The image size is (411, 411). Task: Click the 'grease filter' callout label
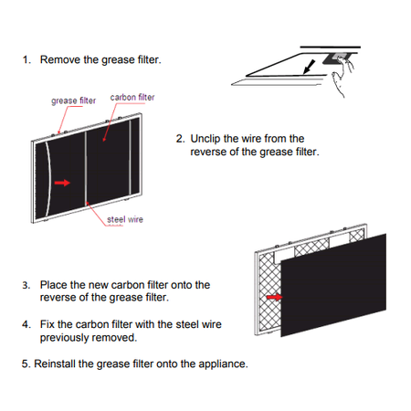[73, 100]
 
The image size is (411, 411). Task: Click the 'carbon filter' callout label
[132, 97]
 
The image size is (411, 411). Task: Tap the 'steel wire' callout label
[125, 219]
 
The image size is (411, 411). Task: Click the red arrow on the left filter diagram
[62, 183]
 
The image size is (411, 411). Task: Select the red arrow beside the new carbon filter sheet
[274, 297]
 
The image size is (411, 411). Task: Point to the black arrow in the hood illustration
[310, 67]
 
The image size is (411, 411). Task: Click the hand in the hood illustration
[342, 76]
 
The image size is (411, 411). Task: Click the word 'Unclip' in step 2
[205, 139]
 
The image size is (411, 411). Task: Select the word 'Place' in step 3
[54, 285]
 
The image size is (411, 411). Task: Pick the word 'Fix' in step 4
[47, 324]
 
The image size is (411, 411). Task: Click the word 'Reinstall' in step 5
[55, 364]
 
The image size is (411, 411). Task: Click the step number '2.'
[181, 139]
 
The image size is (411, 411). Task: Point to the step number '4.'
[26, 324]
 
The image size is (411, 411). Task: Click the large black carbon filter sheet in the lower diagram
[333, 285]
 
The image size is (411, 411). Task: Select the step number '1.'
[26, 59]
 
